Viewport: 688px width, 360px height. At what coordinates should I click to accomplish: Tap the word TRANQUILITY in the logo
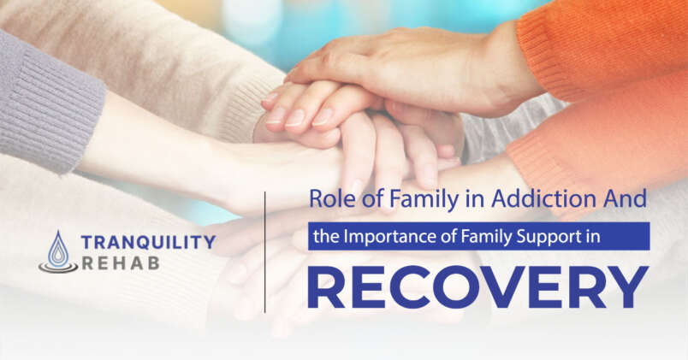(x=146, y=242)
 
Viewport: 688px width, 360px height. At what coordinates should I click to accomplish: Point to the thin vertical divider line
(x=265, y=251)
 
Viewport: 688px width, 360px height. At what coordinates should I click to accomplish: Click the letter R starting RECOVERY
(x=326, y=286)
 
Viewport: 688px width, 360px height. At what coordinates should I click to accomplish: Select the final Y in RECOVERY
(x=628, y=286)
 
